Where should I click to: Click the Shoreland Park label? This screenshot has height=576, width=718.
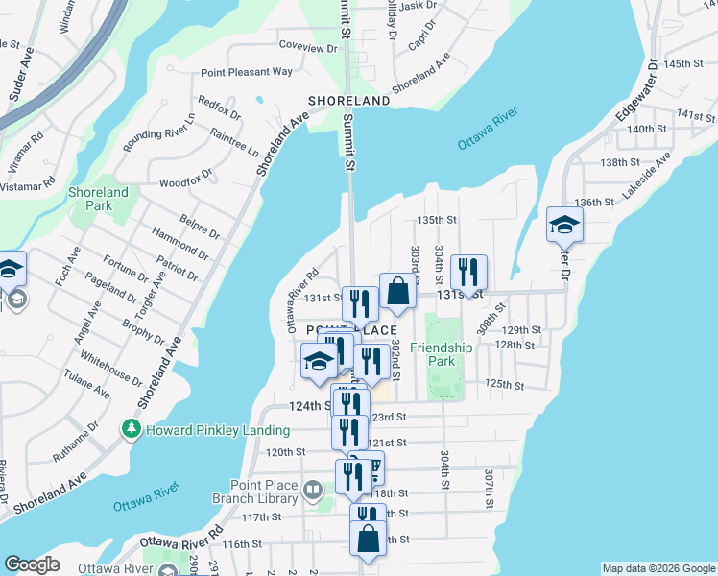pos(98,199)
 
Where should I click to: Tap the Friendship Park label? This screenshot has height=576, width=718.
pos(442,354)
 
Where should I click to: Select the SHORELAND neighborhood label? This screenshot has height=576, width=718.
pos(348,101)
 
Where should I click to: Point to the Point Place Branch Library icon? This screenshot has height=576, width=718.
pos(312,492)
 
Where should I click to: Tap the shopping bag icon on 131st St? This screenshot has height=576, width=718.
pos(397,293)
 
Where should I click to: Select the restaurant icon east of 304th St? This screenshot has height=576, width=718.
pos(468,273)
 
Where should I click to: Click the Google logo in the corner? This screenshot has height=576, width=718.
pos(32,564)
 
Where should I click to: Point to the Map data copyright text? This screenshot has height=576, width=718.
pos(658,568)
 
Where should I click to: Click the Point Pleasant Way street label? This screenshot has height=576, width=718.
pos(247,72)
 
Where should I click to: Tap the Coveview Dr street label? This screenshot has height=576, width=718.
pos(307,46)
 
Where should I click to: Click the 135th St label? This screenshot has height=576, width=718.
pos(435,220)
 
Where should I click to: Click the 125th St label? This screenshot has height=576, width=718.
pos(504,385)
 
